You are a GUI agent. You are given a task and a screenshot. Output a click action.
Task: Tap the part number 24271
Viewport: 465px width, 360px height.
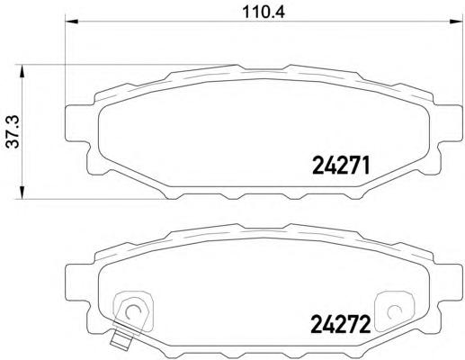pos(341,166)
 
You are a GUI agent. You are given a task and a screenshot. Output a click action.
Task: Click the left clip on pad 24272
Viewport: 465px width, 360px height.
pos(131,310)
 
